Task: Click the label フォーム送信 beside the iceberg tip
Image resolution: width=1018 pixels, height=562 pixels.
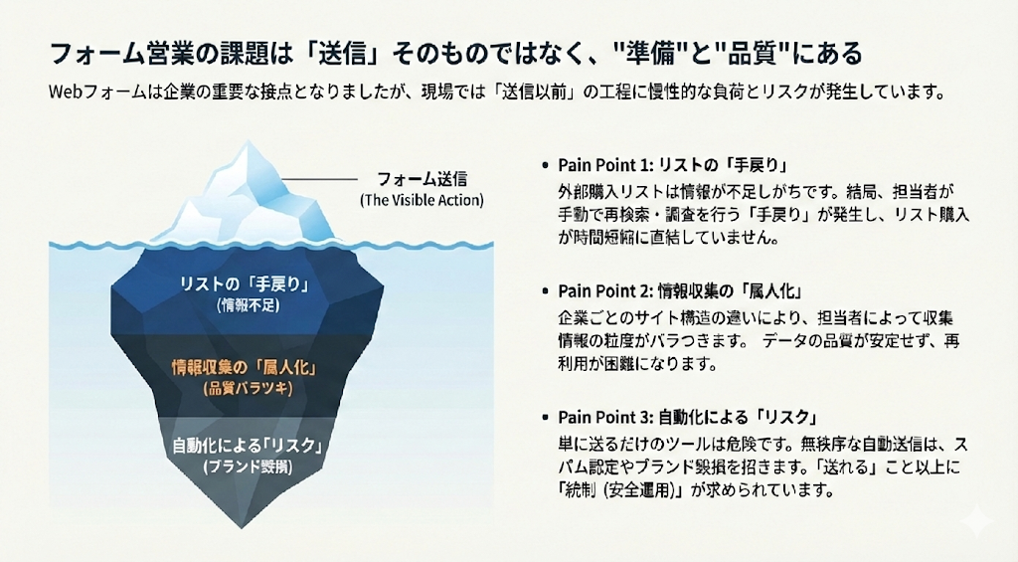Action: (422, 180)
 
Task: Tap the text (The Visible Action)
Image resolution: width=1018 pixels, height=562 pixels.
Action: (422, 200)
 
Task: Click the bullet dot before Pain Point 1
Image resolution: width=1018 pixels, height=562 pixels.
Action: (545, 165)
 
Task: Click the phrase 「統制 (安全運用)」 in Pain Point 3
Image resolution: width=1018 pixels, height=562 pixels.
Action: (622, 490)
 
